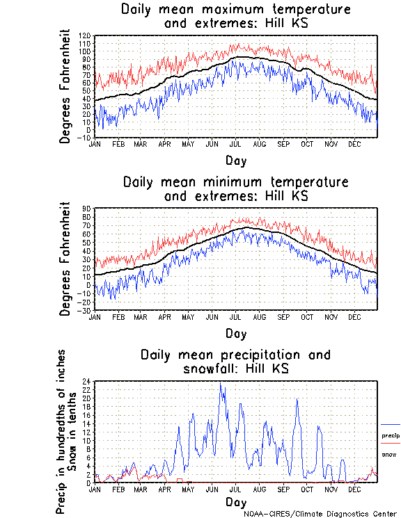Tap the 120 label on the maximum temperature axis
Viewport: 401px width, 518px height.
[x=85, y=35]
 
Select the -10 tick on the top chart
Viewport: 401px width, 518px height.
[x=85, y=138]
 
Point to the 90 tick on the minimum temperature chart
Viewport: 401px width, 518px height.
[x=87, y=208]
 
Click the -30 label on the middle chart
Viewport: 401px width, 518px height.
[x=85, y=310]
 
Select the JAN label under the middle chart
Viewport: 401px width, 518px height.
[x=95, y=316]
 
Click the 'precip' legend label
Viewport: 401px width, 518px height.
[x=391, y=435]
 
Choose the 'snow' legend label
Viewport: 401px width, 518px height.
[x=389, y=455]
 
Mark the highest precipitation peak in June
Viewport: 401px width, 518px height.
[x=221, y=382]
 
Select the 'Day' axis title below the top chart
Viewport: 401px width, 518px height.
[x=236, y=161]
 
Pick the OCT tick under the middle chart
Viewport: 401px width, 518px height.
[x=307, y=316]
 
